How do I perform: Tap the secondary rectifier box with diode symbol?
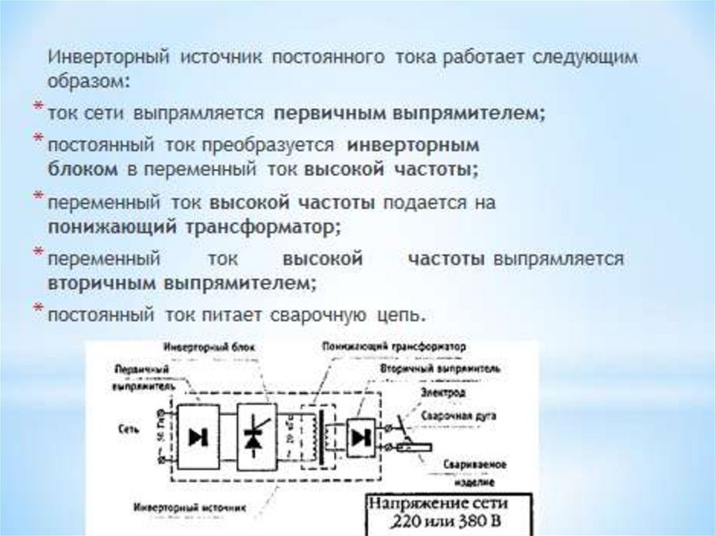coord(361,437)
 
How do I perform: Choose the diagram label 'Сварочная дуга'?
coord(459,415)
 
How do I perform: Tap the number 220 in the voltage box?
coord(395,521)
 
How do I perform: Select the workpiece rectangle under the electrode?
coord(415,448)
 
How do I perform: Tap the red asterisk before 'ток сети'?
coord(39,106)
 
